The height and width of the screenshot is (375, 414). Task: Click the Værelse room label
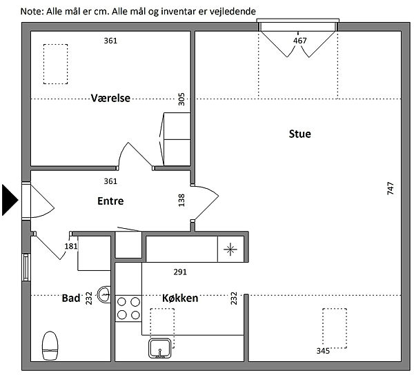point(110,98)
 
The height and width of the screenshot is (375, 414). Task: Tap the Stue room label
point(299,134)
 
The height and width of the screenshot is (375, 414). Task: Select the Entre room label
point(110,201)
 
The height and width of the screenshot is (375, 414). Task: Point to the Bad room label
point(71,298)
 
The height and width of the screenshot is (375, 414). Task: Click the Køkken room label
point(180,298)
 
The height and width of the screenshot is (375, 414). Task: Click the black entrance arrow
point(10,200)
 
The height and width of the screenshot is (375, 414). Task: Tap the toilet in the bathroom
point(50,346)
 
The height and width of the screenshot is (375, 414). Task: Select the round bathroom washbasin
point(104,294)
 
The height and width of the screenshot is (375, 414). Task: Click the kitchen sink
point(160,348)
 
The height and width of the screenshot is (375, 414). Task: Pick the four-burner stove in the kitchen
point(128,308)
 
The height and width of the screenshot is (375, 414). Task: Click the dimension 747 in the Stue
point(391,188)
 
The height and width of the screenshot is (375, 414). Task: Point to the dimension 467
point(300,41)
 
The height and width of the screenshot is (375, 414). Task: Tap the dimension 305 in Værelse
point(181,99)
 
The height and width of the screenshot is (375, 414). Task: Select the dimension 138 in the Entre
point(181,200)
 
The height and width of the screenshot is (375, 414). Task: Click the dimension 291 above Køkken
point(180,272)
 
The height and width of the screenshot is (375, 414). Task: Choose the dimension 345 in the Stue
point(323,351)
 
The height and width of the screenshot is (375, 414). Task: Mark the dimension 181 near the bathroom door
point(71,246)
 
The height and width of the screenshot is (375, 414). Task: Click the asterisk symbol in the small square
point(230,250)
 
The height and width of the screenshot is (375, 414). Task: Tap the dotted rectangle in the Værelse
point(55,64)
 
